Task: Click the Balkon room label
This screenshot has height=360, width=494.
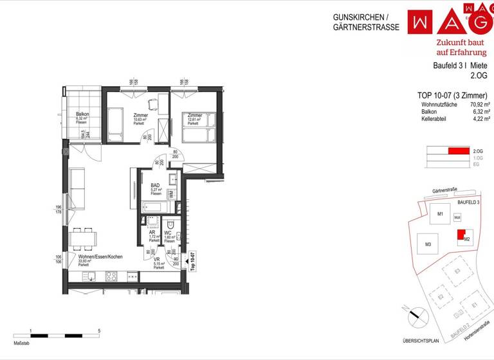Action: click(x=82, y=114)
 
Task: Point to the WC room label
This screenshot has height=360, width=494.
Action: click(x=168, y=233)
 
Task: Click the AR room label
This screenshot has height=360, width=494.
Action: click(x=152, y=233)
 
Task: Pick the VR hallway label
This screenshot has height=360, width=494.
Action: click(x=156, y=259)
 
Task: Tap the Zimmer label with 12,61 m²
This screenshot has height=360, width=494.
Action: click(x=195, y=116)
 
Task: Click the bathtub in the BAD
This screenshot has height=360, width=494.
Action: click(x=154, y=207)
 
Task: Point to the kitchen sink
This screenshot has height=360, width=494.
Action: click(x=92, y=276)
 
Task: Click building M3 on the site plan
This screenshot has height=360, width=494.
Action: click(x=427, y=244)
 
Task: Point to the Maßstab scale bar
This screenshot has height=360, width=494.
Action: click(x=64, y=336)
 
